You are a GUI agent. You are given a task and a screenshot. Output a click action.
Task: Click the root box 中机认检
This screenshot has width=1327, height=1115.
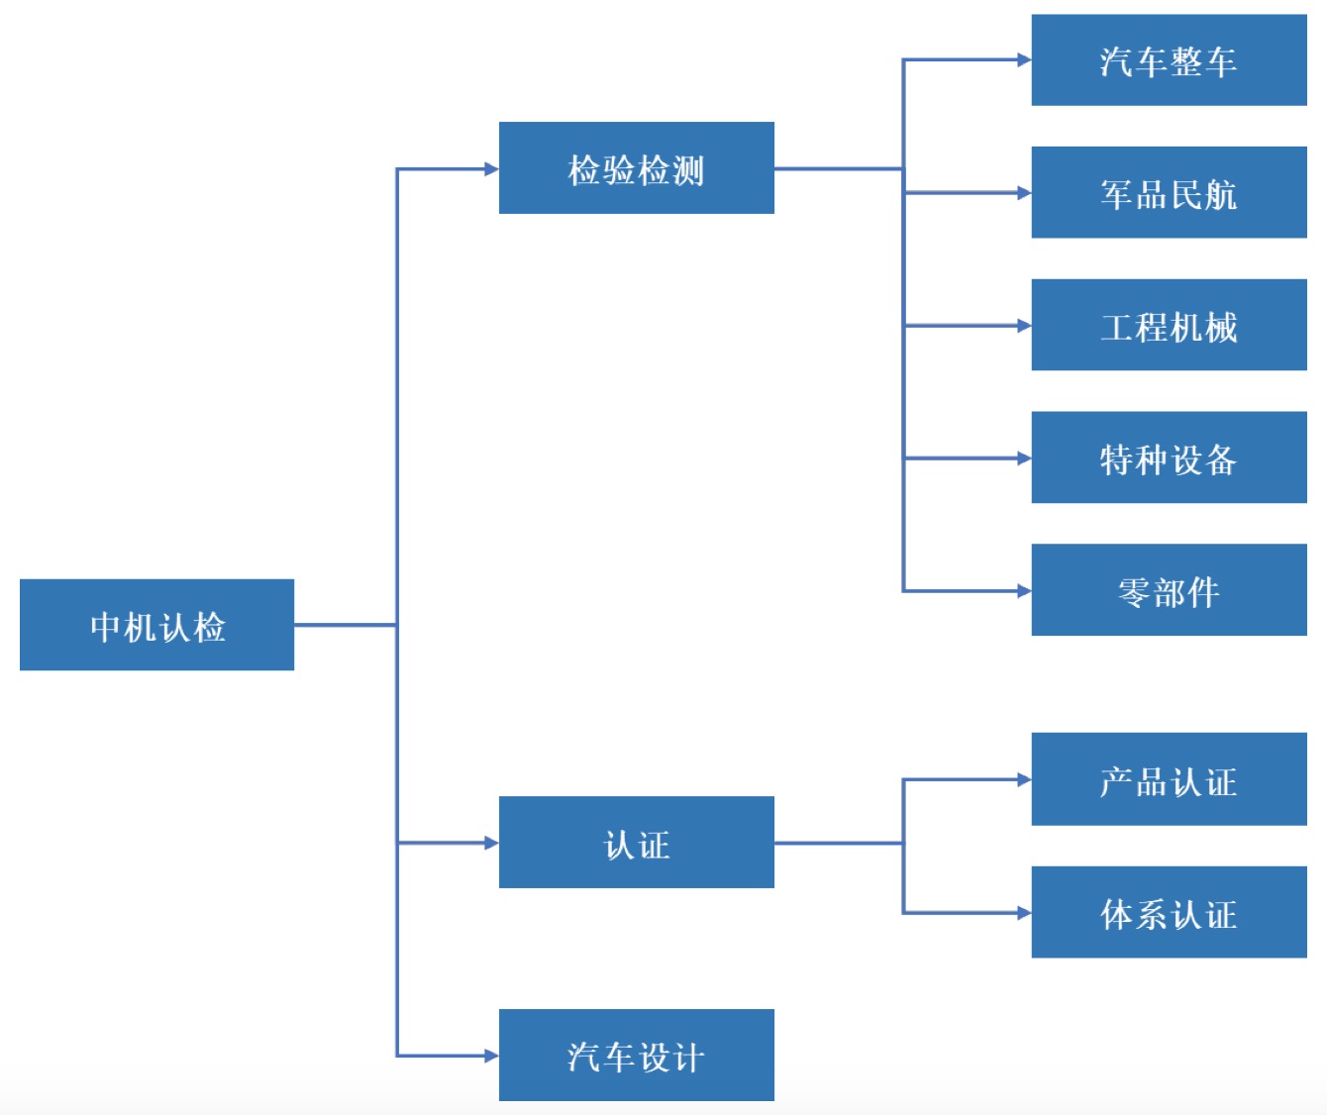point(156,625)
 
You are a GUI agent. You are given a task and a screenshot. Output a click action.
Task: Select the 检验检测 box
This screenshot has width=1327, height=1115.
point(636,168)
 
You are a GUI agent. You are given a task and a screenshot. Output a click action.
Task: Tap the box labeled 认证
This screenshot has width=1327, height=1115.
point(636,843)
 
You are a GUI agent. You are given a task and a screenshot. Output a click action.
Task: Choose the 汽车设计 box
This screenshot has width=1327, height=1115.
point(636,1056)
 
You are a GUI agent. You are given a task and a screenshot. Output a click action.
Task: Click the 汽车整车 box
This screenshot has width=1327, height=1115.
point(1169,60)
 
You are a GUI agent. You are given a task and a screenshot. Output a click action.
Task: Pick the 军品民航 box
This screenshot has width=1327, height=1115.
point(1169,193)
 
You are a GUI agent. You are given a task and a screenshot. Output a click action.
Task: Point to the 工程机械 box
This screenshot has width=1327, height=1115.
point(1169,326)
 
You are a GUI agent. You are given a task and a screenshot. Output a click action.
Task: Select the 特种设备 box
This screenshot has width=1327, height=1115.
point(1169,458)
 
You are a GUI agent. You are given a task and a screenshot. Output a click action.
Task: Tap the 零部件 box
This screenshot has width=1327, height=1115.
point(1169,590)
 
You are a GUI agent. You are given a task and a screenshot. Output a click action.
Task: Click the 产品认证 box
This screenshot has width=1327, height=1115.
point(1169,780)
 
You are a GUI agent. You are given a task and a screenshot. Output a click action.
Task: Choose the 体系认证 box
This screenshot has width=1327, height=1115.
point(1169,913)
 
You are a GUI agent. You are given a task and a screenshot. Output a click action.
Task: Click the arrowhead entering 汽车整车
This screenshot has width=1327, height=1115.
point(1024,60)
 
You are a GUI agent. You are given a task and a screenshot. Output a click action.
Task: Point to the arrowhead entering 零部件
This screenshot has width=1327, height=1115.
point(1024,591)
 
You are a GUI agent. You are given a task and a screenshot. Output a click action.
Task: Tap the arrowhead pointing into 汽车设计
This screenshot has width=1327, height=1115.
point(491,1056)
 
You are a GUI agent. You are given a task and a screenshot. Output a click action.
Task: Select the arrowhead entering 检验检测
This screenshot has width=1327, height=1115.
point(491,169)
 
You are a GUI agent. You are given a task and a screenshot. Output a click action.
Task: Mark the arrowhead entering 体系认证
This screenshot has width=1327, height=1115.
point(1024,913)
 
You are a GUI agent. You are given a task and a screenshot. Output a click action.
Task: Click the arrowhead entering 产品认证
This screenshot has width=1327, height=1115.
point(1024,780)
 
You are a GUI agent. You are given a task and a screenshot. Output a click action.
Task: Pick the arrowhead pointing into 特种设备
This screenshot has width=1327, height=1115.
point(1024,458)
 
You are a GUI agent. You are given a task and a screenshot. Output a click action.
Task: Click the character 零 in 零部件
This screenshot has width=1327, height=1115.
point(1134,592)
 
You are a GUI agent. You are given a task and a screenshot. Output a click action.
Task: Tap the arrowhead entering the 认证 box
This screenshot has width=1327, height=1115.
point(491,843)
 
